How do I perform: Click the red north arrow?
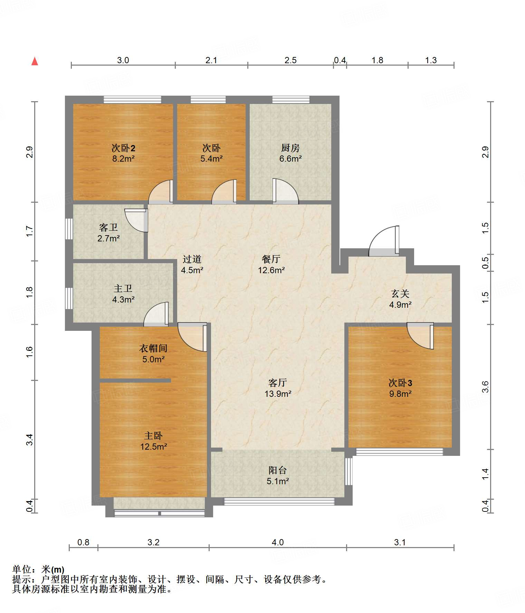[x=35, y=61]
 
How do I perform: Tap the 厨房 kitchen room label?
[x=290, y=148]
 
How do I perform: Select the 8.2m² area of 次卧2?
[x=123, y=159]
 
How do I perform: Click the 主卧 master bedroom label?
[x=153, y=436]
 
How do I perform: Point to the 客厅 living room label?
[x=278, y=383]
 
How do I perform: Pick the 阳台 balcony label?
[x=278, y=470]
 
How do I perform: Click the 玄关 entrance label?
[x=400, y=294]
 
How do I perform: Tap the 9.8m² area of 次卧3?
[x=400, y=394]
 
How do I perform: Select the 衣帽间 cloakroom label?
[x=153, y=348]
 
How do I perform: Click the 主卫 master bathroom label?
[x=123, y=288]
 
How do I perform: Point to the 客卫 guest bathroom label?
[x=108, y=227]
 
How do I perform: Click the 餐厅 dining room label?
[x=271, y=259]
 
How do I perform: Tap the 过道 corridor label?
[x=192, y=259]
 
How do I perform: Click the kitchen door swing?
[x=285, y=191]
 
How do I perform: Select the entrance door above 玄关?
[x=384, y=241]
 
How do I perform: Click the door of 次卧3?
[x=420, y=336]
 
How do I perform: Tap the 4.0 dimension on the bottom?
[x=278, y=542]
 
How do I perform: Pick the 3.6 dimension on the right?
[x=485, y=387]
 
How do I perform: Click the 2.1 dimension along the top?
[x=211, y=60]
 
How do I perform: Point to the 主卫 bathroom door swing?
[x=156, y=314]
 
